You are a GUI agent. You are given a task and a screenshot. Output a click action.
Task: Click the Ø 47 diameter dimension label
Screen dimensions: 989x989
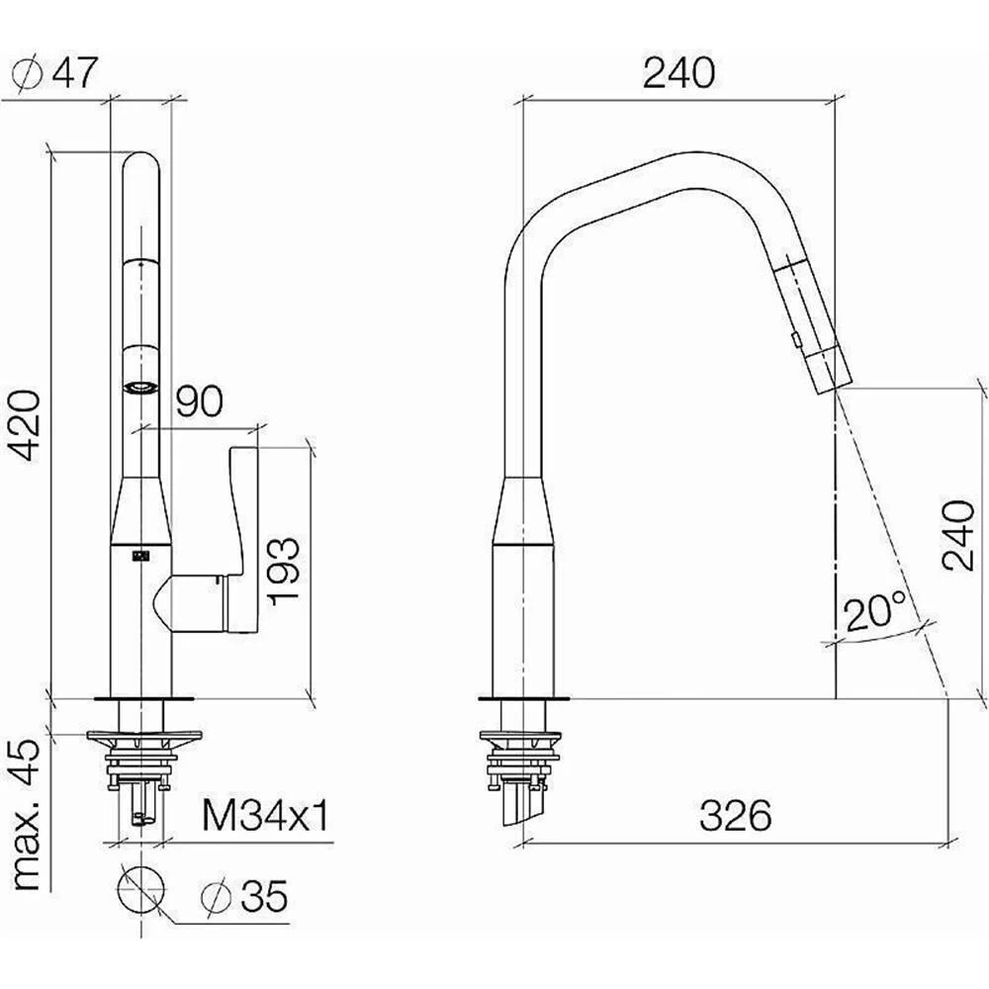coord(54,74)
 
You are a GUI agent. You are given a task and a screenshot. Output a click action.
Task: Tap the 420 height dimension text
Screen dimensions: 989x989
coord(27,425)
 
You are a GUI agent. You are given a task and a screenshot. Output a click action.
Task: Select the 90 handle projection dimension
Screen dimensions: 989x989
coord(199,402)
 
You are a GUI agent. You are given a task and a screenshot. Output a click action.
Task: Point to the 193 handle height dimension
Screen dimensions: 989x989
coord(283,572)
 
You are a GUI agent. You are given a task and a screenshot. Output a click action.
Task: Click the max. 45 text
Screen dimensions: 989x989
coord(27,818)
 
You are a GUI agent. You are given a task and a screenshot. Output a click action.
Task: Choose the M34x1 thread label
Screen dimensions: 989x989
coord(266,817)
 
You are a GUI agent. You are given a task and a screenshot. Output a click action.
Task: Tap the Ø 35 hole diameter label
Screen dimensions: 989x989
coord(244,896)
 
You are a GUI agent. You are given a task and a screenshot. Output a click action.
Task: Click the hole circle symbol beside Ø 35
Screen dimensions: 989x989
coord(140,889)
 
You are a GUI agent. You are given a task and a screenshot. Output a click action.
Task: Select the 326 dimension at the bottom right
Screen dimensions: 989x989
coord(736,816)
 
